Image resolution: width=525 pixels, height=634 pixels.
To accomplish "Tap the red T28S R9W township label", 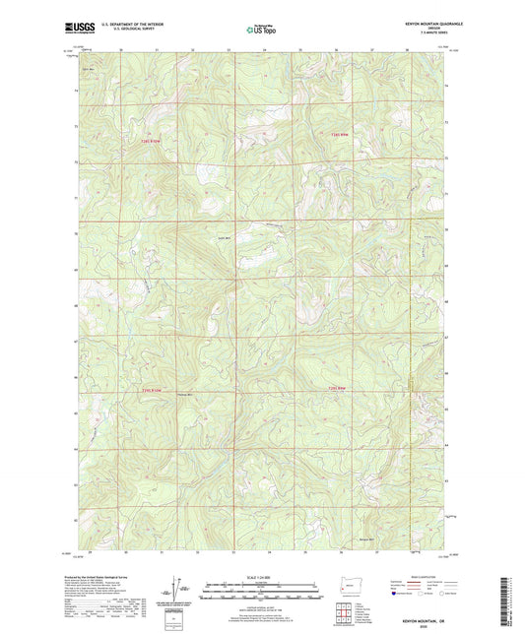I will click(x=339, y=135).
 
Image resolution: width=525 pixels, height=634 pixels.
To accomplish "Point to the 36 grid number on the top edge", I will click(x=336, y=47).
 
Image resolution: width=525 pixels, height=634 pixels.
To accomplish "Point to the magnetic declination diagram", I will click(x=177, y=589).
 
